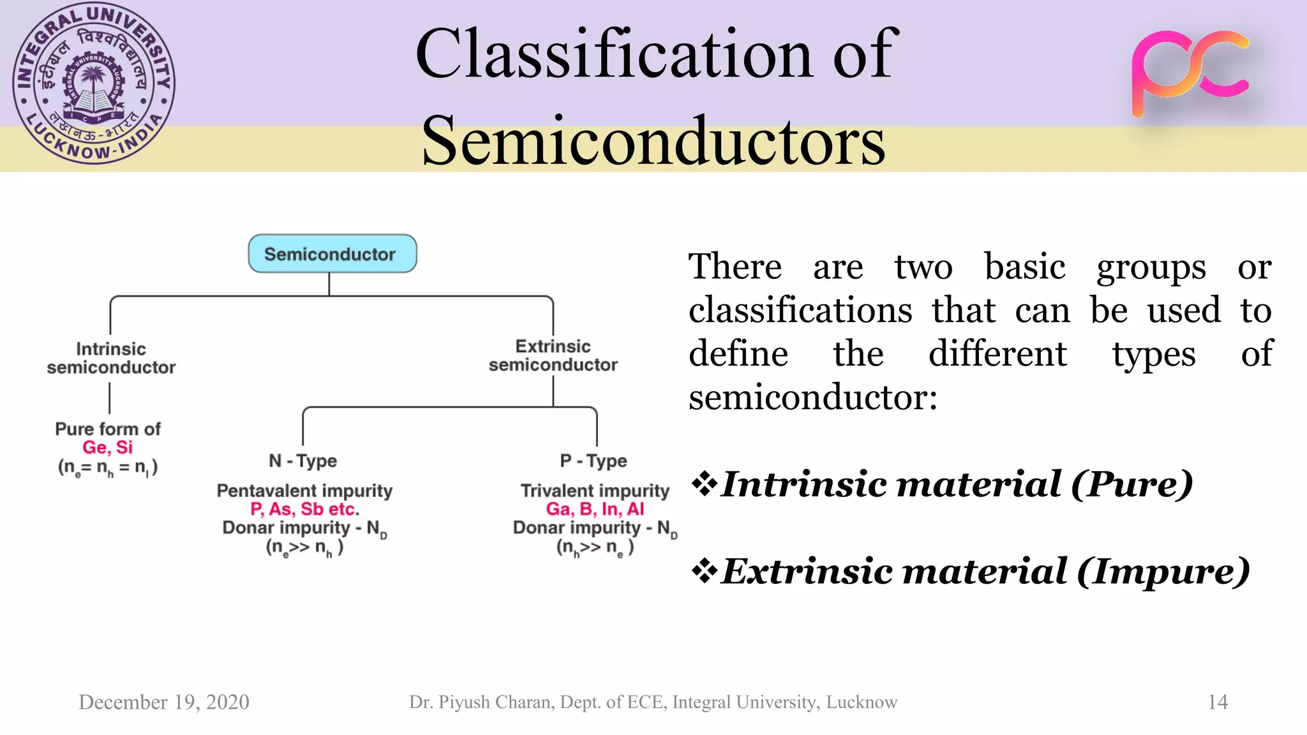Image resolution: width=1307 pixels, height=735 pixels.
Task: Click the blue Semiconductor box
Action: click(332, 254)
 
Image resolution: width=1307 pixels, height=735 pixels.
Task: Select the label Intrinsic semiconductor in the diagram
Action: click(111, 358)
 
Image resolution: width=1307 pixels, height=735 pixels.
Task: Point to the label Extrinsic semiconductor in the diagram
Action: click(553, 355)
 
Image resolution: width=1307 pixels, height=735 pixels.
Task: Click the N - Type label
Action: click(302, 461)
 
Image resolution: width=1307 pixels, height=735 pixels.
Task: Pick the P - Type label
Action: click(593, 461)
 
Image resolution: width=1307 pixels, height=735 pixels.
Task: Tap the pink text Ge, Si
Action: click(107, 447)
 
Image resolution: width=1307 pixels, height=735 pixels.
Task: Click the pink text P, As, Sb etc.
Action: click(304, 509)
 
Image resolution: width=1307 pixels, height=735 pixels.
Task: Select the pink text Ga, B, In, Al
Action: click(595, 509)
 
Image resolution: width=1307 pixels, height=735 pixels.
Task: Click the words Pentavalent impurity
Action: click(304, 491)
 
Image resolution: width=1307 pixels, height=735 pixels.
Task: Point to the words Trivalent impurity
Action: click(595, 491)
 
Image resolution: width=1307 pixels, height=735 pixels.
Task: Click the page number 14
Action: click(1218, 702)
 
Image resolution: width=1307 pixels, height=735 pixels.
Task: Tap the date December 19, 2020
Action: click(164, 702)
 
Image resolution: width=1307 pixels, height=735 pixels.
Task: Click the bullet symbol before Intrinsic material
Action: click(704, 484)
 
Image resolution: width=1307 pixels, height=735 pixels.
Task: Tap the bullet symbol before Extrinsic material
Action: click(704, 571)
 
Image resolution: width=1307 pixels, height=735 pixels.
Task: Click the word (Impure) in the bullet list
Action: click(1163, 571)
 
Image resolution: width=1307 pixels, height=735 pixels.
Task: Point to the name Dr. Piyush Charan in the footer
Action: click(482, 702)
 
